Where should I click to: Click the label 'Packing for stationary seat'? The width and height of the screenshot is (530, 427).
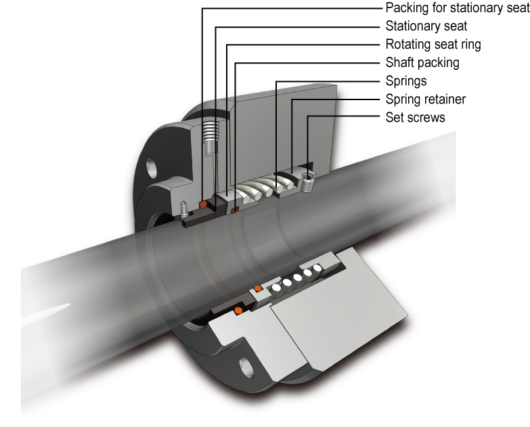click(456, 9)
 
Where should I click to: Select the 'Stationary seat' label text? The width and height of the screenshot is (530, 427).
click(426, 27)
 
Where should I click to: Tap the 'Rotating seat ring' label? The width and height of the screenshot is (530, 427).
click(433, 45)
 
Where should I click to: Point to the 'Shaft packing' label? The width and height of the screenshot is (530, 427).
click(422, 63)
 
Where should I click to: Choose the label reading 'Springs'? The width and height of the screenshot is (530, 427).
click(405, 81)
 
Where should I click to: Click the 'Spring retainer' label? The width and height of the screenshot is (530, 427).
click(425, 99)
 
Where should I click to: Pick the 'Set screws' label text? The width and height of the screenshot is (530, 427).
click(415, 117)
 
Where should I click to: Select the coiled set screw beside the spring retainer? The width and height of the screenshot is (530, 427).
click(309, 182)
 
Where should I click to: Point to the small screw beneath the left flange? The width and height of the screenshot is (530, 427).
click(184, 211)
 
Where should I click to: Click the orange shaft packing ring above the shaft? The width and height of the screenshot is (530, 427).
click(235, 210)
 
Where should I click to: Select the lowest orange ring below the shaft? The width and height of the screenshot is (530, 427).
click(238, 311)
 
